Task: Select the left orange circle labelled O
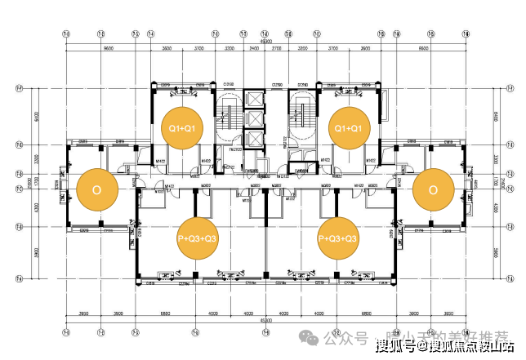pos(97,189)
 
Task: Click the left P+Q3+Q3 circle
pos(198,238)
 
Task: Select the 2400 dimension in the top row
pos(254,50)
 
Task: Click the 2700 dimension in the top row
pos(276,50)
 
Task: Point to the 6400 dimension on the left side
pos(37,115)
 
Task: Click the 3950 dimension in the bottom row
pos(82,312)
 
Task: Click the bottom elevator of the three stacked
pos(254,140)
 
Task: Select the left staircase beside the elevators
pos(226,118)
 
